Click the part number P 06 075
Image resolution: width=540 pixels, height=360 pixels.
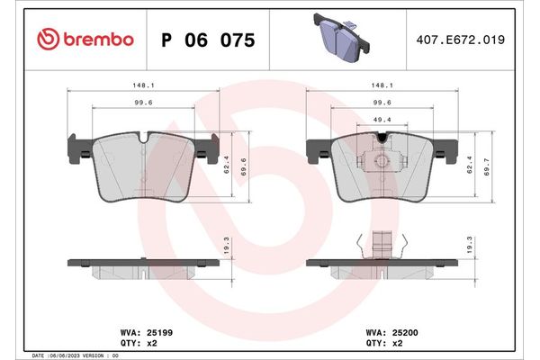click(x=207, y=40)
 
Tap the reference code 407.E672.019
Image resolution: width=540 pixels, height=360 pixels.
click(x=459, y=40)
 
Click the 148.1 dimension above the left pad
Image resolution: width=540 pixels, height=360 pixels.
click(x=144, y=86)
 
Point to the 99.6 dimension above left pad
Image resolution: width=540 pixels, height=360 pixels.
click(x=144, y=104)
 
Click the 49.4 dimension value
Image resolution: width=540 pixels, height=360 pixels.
click(x=382, y=119)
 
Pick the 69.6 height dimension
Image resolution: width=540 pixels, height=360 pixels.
click(x=244, y=167)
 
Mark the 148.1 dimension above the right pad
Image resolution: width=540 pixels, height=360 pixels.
click(x=382, y=86)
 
